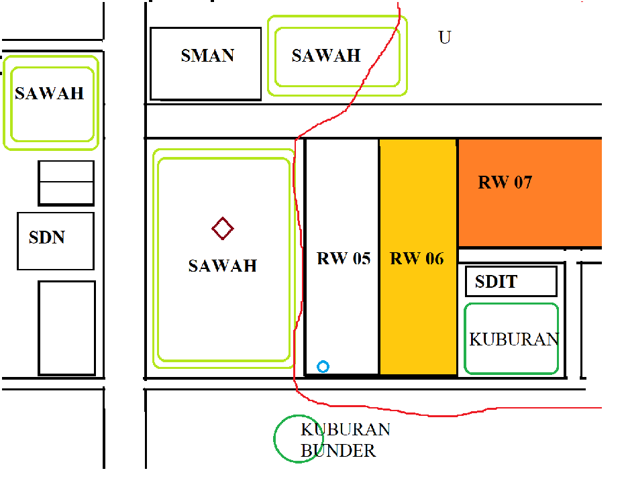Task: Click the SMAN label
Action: click(207, 56)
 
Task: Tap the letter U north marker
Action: click(444, 38)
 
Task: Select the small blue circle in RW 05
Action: click(323, 367)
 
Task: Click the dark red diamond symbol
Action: click(223, 229)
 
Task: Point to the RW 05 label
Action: click(344, 258)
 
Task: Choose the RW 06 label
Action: click(417, 258)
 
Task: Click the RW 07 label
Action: click(505, 182)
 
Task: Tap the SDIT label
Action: click(496, 282)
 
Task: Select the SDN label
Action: click(47, 237)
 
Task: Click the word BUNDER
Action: click(338, 451)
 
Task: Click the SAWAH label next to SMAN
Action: click(326, 56)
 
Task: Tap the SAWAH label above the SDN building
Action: click(50, 93)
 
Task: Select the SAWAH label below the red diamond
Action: click(223, 266)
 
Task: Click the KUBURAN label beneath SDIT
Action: click(514, 339)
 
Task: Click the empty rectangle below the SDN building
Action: click(66, 328)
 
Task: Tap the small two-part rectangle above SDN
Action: click(66, 182)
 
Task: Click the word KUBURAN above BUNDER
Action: click(346, 429)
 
